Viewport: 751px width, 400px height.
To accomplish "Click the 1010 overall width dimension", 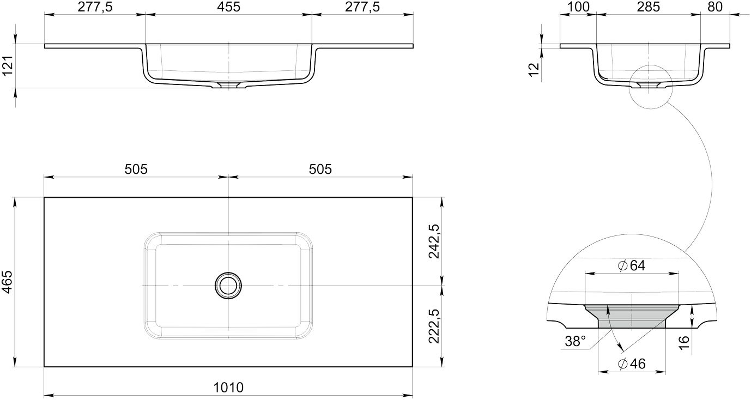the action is coord(228,387).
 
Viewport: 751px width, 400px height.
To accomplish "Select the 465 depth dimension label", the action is coord(8,282).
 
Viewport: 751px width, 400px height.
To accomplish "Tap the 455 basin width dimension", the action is coord(228,7).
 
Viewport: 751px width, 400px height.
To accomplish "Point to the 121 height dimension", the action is coord(8,66).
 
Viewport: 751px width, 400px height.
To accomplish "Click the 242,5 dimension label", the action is coord(434,241).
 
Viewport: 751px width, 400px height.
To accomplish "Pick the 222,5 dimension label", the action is coord(434,326).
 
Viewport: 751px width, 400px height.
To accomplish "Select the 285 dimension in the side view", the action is coord(648,7).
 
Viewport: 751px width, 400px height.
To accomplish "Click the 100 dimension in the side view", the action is coord(579,7).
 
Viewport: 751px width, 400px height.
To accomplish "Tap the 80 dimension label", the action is coord(715,7).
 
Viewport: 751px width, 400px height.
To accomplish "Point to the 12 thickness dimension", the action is coord(533,69).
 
